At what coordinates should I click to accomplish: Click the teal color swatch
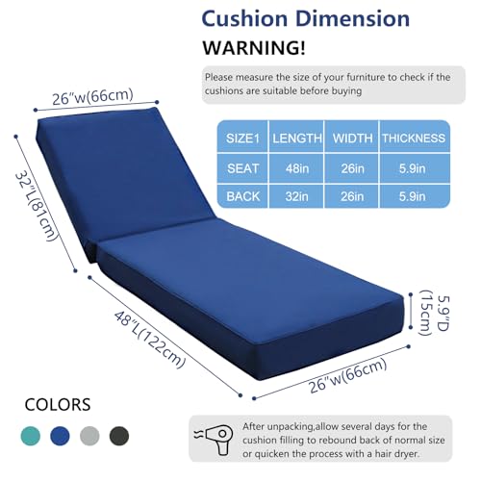pyautogui.click(x=31, y=436)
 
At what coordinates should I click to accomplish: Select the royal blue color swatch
pyautogui.click(x=60, y=436)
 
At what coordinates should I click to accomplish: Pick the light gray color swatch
pyautogui.click(x=89, y=436)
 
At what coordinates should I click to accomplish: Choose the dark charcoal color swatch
pyautogui.click(x=119, y=436)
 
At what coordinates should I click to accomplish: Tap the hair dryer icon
pyautogui.click(x=214, y=440)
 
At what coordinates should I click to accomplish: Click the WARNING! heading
pyautogui.click(x=254, y=48)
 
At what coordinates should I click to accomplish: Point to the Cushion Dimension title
pyautogui.click(x=306, y=19)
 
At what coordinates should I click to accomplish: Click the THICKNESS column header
pyautogui.click(x=414, y=139)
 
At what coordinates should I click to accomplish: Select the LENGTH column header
pyautogui.click(x=297, y=139)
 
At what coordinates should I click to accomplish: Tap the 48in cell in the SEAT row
pyautogui.click(x=297, y=168)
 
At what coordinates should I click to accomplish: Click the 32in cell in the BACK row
pyautogui.click(x=297, y=196)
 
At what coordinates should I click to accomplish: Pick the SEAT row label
pyautogui.click(x=242, y=168)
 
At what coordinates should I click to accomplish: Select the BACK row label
pyautogui.click(x=242, y=196)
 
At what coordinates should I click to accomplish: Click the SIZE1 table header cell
pyautogui.click(x=242, y=139)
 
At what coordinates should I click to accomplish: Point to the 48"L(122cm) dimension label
pyautogui.click(x=150, y=340)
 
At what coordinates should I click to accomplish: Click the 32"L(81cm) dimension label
pyautogui.click(x=37, y=207)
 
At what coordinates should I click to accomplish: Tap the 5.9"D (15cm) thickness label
pyautogui.click(x=435, y=313)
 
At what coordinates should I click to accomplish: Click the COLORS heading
pyautogui.click(x=58, y=405)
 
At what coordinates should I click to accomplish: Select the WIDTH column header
pyautogui.click(x=352, y=139)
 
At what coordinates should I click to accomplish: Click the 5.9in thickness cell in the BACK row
pyautogui.click(x=412, y=196)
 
